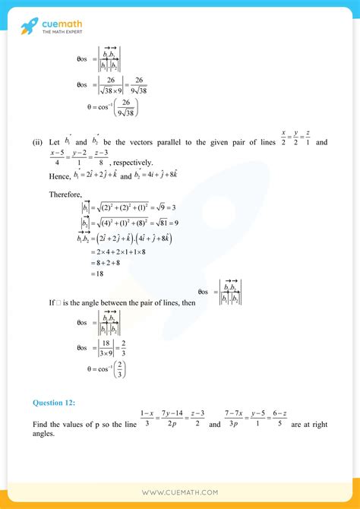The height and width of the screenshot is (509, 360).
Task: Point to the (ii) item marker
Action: pyautogui.click(x=36, y=142)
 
